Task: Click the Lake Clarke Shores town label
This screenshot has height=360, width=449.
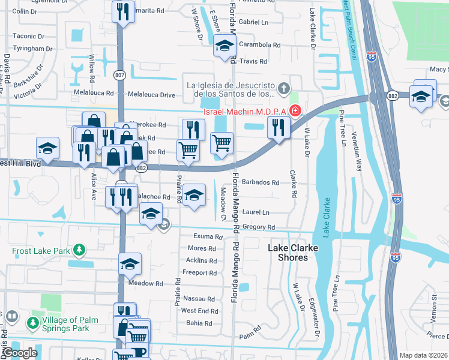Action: pyautogui.click(x=288, y=252)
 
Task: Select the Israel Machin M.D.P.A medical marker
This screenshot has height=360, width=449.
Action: pyautogui.click(x=295, y=110)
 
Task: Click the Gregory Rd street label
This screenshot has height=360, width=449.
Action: pyautogui.click(x=259, y=227)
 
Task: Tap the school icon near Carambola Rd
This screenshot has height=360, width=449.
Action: pyautogui.click(x=224, y=45)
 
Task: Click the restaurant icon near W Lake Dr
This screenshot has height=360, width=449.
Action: pyautogui.click(x=278, y=127)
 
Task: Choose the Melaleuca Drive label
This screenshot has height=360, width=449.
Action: pyautogui.click(x=150, y=95)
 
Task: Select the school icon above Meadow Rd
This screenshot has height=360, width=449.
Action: pyautogui.click(x=130, y=264)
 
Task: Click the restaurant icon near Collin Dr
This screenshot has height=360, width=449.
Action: pyautogui.click(x=124, y=11)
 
